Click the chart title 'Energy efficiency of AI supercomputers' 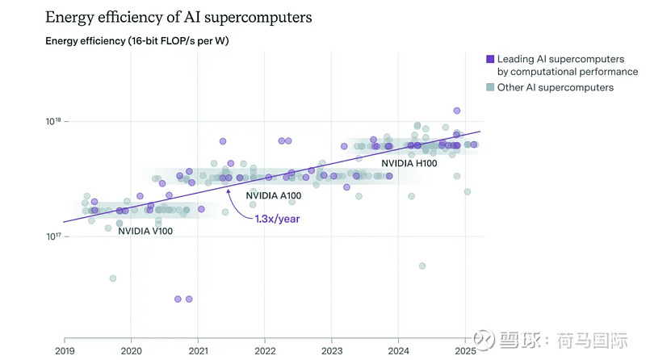(178, 17)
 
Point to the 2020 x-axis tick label (131, 351)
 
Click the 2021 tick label (198, 351)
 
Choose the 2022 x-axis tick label (265, 351)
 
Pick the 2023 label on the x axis (332, 351)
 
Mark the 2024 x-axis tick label (399, 351)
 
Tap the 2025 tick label (466, 351)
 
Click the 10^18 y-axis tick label (52, 122)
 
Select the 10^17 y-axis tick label (52, 237)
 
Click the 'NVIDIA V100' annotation (145, 232)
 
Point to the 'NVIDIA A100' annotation (273, 195)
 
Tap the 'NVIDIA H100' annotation (409, 163)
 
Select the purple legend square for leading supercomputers (490, 59)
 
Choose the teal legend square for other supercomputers (490, 87)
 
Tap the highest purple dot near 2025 (457, 111)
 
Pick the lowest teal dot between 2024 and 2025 (422, 266)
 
